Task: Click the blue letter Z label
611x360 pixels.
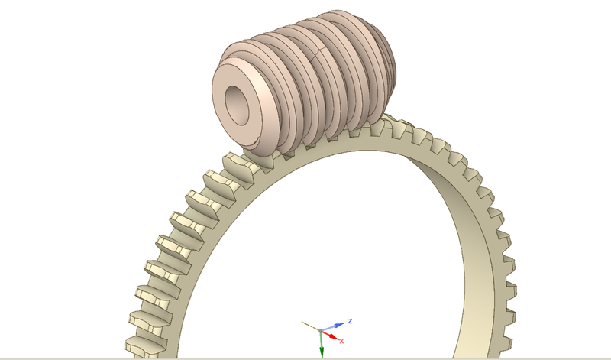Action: pyautogui.click(x=348, y=321)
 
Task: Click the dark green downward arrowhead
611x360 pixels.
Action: pyautogui.click(x=322, y=351)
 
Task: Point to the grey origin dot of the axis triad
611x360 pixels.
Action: pyautogui.click(x=322, y=330)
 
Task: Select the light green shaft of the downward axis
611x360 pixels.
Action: pyautogui.click(x=322, y=341)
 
